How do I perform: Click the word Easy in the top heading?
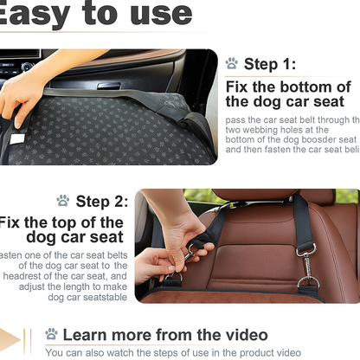tap(35, 13)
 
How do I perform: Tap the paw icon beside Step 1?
tap(232, 63)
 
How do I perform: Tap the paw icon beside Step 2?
tap(62, 201)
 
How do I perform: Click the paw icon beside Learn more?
tap(51, 334)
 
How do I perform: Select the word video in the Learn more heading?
tap(242, 334)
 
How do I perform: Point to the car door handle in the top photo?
tap(110, 86)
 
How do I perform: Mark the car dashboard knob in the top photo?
tap(27, 67)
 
